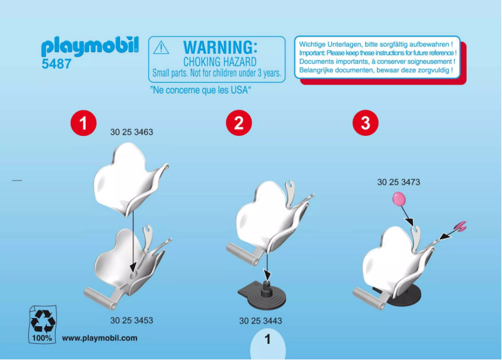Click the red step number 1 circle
point(83,123)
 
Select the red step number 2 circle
point(238,123)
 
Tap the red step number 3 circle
point(366,123)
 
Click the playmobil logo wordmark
point(90,48)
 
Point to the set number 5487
point(56,64)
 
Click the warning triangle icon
point(161,48)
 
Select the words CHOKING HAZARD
point(219,62)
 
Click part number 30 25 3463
point(131,133)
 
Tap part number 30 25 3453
point(131,321)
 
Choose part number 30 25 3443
point(260,321)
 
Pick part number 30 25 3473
point(398,183)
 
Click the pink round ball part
point(398,200)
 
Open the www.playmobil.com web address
point(100,338)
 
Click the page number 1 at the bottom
point(267,340)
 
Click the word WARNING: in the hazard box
point(220,48)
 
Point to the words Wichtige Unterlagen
point(328,44)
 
